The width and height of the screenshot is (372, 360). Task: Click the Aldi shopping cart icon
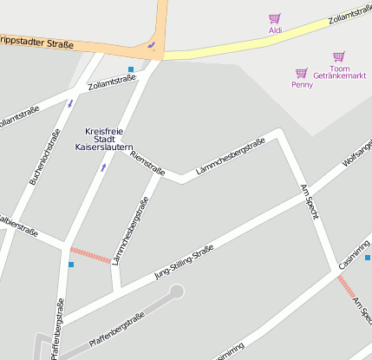coord(275,18)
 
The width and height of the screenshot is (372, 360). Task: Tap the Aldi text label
coord(275,30)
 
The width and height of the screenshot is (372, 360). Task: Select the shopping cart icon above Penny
coord(302,73)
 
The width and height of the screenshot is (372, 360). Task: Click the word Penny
coord(302,85)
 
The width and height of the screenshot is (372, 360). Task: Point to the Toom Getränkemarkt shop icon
coord(339,56)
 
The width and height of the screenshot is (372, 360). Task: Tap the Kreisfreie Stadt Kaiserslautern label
coord(104,140)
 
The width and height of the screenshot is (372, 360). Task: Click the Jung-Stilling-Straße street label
coord(183,263)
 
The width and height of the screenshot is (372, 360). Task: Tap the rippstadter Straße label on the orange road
coord(36,40)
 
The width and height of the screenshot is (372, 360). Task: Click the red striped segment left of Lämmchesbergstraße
coord(90,255)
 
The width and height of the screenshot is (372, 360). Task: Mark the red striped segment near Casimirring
coord(346,286)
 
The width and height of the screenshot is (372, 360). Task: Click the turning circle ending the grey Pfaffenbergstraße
coord(177,291)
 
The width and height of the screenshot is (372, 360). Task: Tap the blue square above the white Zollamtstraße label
coord(131,69)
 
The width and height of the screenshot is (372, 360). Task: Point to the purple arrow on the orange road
coord(152,44)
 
